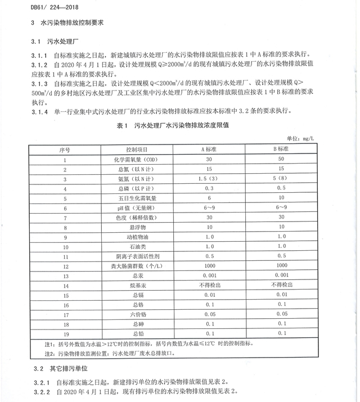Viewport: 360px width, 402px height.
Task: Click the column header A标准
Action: (210, 150)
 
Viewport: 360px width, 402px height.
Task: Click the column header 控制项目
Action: (137, 150)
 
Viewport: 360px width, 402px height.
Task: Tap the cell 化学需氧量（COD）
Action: (137, 160)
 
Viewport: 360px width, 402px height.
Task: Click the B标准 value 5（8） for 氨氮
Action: (281, 179)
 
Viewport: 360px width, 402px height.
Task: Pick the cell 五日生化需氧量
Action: (137, 198)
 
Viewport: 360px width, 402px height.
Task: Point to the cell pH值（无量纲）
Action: (137, 208)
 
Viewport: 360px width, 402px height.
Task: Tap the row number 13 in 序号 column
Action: (65, 276)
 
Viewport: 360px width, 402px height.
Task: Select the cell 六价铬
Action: (137, 315)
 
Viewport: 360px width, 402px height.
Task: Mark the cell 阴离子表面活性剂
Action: (137, 256)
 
